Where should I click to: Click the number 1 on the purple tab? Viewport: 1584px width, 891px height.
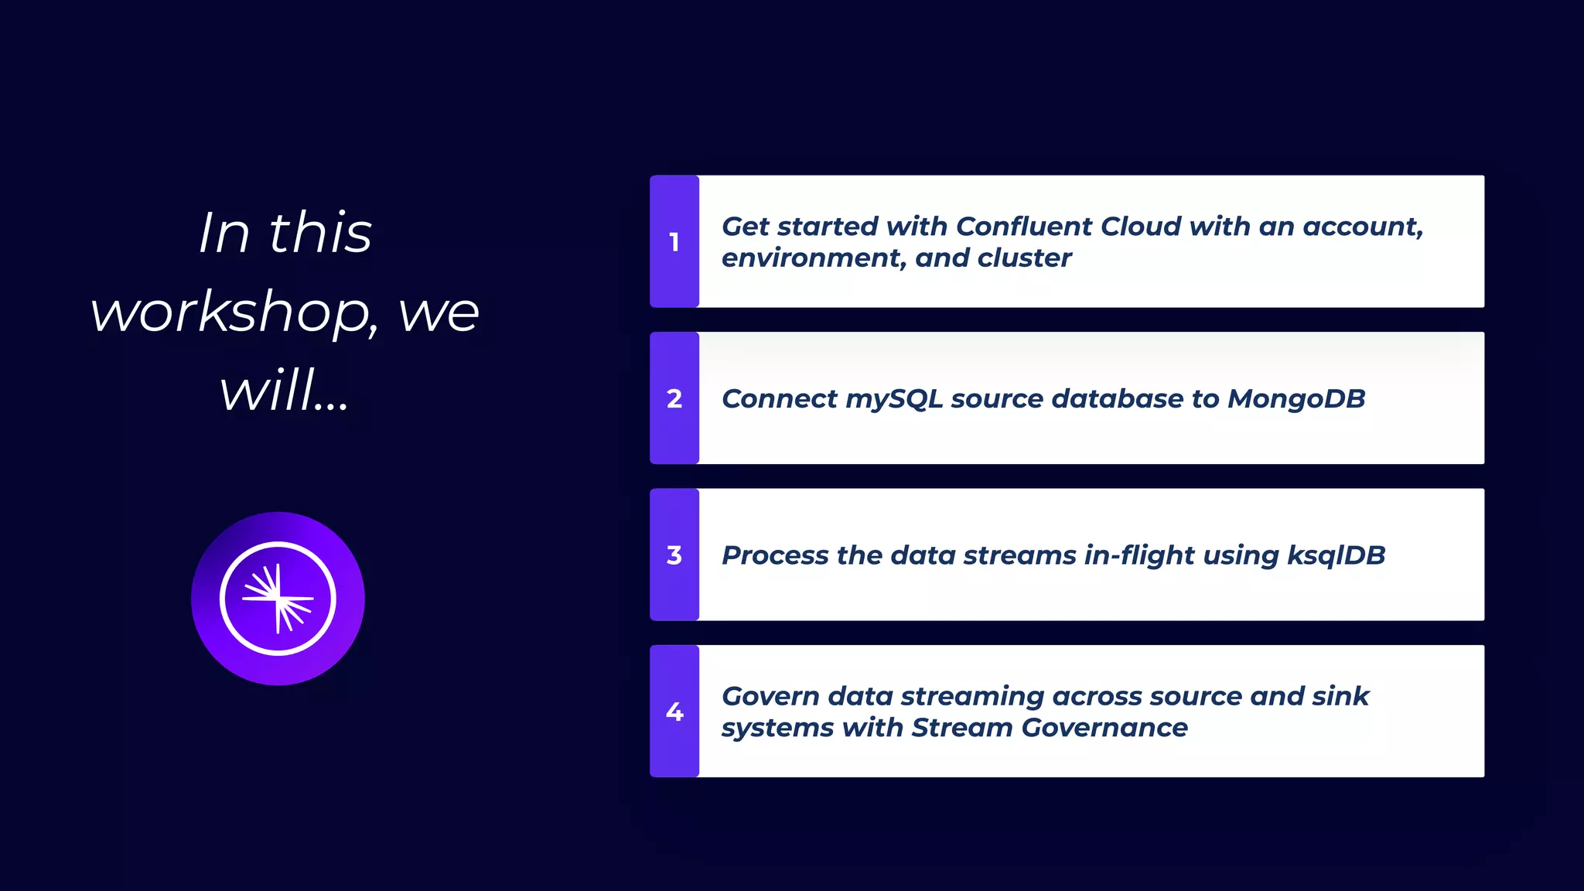pos(674,242)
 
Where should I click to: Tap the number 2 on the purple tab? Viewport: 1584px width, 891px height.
pos(674,398)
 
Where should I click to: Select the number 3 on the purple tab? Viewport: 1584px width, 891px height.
pos(674,555)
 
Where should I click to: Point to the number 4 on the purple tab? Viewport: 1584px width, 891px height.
pos(674,712)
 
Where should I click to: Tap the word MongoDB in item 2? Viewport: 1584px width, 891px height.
pos(1296,399)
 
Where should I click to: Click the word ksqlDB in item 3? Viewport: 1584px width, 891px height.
pos(1336,556)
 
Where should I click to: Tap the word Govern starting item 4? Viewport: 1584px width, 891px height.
pos(770,696)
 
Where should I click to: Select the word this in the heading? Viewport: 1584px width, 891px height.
pos(320,233)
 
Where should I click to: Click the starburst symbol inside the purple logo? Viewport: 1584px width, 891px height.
pos(278,599)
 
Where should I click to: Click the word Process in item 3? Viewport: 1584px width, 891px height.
pos(774,556)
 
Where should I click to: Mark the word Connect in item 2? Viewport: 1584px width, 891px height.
pos(779,399)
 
